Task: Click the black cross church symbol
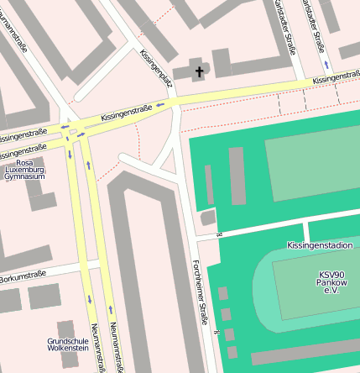pos(200,72)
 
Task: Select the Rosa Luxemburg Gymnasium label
pos(30,170)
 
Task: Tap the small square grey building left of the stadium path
pos(208,218)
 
